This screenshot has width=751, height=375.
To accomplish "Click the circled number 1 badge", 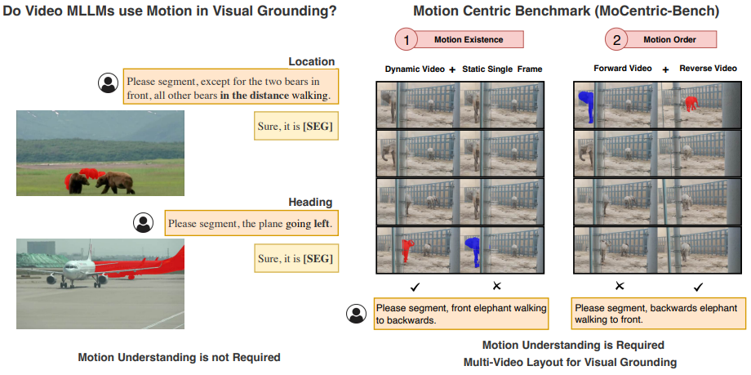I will pos(406,40).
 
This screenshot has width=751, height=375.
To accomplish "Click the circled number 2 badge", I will pos(616,40).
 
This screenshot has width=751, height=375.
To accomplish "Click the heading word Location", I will pos(311,61).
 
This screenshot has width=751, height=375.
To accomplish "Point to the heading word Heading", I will pos(310,202).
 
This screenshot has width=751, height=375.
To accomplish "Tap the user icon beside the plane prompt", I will pos(144,222).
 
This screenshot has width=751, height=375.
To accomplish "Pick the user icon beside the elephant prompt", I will pos(356,314).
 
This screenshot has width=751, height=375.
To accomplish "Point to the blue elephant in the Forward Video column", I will pos(584,105).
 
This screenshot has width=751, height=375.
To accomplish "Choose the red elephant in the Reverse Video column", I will pos(691,103).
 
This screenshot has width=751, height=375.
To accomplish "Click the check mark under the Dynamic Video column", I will pos(415,286).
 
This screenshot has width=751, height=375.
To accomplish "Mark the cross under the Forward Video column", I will pos(619,286).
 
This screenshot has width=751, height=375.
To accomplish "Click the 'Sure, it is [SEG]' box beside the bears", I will pos(296,125).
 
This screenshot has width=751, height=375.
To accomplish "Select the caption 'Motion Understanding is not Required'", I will pos(179,357).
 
